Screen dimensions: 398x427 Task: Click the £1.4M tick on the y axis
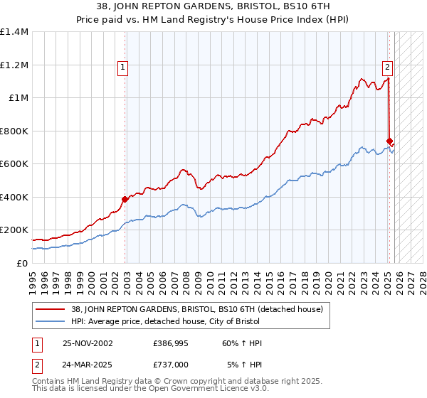pos(14,32)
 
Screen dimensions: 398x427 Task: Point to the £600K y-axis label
pos(14,164)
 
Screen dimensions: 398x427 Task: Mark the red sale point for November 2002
pos(125,199)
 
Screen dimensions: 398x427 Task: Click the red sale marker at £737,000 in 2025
pos(389,141)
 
